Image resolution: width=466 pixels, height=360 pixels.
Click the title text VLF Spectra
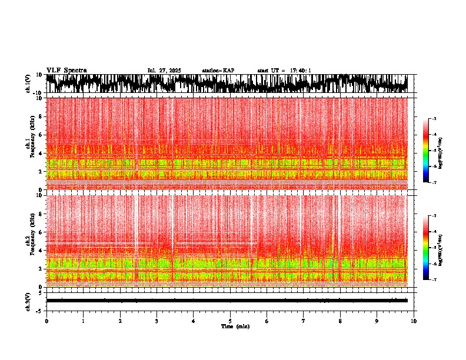66,71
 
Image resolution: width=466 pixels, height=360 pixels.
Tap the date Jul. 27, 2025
164,71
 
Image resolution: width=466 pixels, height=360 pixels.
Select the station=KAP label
218,71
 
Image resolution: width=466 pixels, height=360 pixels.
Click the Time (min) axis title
235,326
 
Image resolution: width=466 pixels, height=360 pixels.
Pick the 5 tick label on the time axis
230,321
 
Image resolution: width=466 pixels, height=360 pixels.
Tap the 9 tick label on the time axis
377,321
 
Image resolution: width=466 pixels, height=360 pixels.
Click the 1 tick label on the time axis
83,321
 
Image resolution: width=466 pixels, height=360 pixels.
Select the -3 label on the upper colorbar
434,119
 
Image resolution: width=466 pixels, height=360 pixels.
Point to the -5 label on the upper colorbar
434,151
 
